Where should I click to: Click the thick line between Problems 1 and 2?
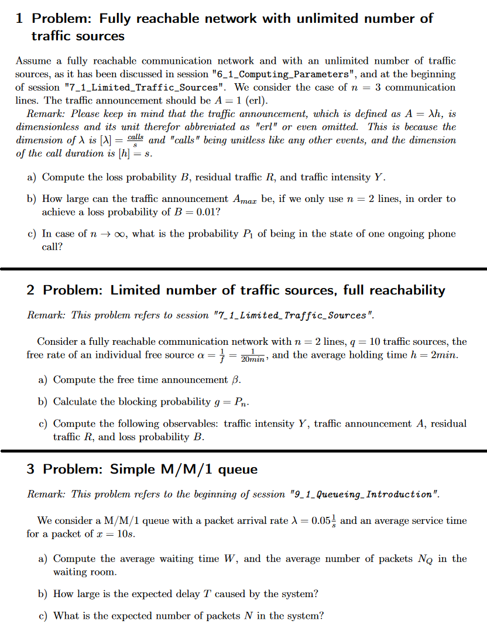click(243, 268)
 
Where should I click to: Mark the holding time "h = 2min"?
click(434, 355)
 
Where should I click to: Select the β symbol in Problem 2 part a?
click(236, 380)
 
